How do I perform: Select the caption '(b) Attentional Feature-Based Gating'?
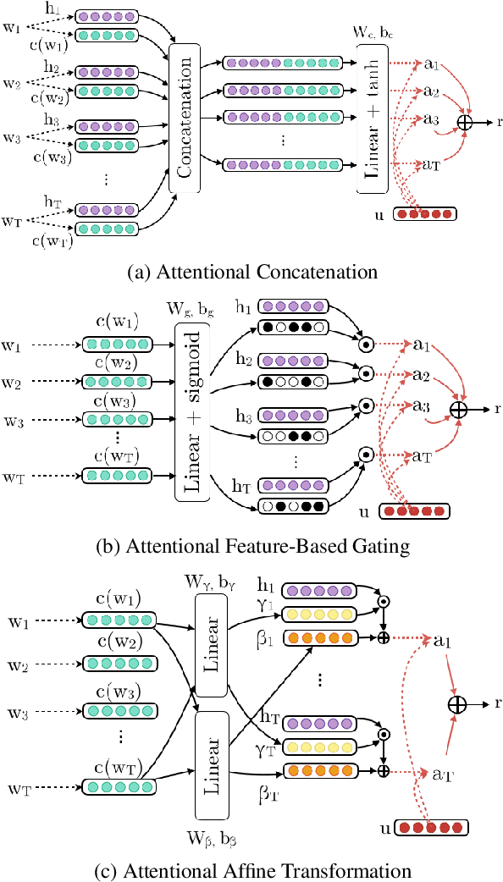(251, 546)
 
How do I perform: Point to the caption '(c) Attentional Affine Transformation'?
(251, 869)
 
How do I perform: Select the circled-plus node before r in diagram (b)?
(458, 409)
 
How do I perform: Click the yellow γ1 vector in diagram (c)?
(317, 614)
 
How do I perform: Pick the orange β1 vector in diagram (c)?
(317, 637)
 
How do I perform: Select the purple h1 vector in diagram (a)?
(106, 16)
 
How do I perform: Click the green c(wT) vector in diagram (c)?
(118, 787)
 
